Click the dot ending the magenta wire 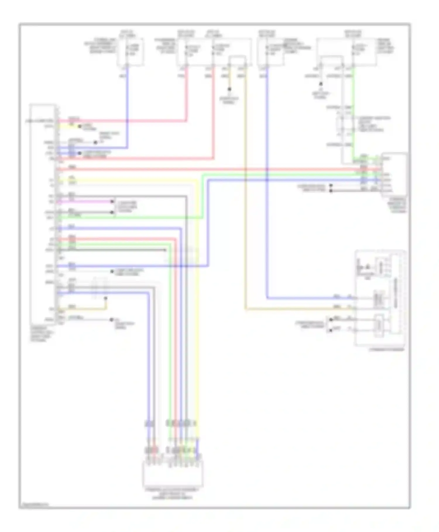tap(112, 201)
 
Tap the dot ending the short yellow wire tap(79, 126)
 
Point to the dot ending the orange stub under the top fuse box tap(230, 89)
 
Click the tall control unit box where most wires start tap(43, 213)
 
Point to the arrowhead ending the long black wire tap(166, 250)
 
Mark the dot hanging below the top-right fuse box tap(321, 84)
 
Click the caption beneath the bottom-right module tap(386, 350)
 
